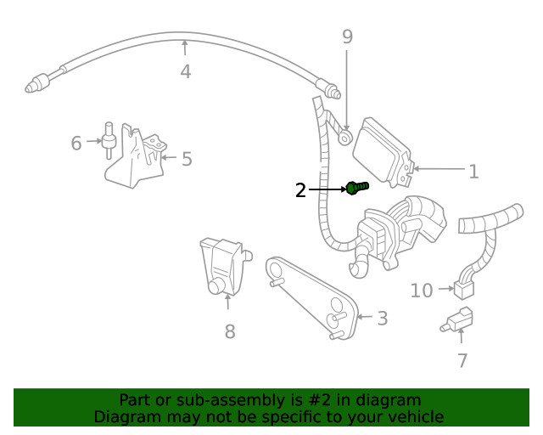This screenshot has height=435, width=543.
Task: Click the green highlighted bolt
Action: tap(355, 188)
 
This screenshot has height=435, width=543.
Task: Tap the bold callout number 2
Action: tap(300, 190)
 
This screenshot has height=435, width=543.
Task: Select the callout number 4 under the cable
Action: tap(185, 71)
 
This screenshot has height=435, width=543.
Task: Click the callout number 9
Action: tap(347, 37)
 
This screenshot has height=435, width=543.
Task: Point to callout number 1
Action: tap(473, 172)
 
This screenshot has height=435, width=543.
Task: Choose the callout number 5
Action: tap(187, 159)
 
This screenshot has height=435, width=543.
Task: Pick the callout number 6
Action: tap(76, 143)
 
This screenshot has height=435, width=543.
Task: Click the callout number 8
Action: tap(229, 331)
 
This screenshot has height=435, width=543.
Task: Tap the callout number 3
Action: tap(383, 319)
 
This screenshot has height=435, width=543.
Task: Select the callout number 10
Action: tap(422, 291)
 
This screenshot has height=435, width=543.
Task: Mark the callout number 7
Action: tap(462, 360)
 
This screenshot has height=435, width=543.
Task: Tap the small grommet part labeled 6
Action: tap(109, 141)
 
